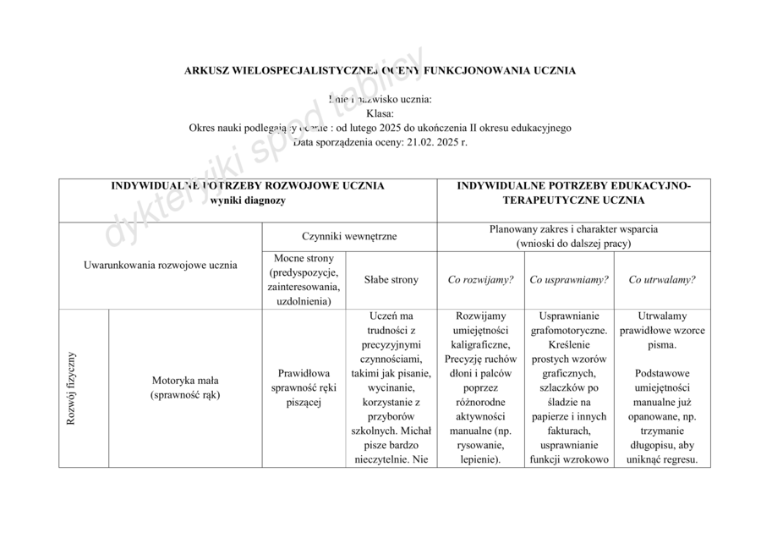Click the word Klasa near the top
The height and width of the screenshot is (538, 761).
coord(380,113)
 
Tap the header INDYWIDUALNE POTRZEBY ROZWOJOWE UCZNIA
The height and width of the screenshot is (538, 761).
coord(248,185)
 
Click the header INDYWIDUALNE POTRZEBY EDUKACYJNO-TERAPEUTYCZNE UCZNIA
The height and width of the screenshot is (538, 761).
coord(573,193)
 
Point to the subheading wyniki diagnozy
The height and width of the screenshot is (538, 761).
coord(248,200)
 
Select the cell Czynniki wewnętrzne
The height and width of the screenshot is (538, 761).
coord(349,237)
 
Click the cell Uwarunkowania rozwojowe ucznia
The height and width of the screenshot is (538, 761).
coord(161,265)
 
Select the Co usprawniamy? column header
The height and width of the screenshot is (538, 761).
coord(568,280)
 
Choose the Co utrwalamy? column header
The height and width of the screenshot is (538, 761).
coord(663,280)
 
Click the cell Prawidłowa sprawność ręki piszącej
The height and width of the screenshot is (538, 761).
coord(304,387)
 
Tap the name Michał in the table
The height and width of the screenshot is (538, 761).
coord(414,431)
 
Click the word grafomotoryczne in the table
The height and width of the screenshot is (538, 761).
coord(567,331)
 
